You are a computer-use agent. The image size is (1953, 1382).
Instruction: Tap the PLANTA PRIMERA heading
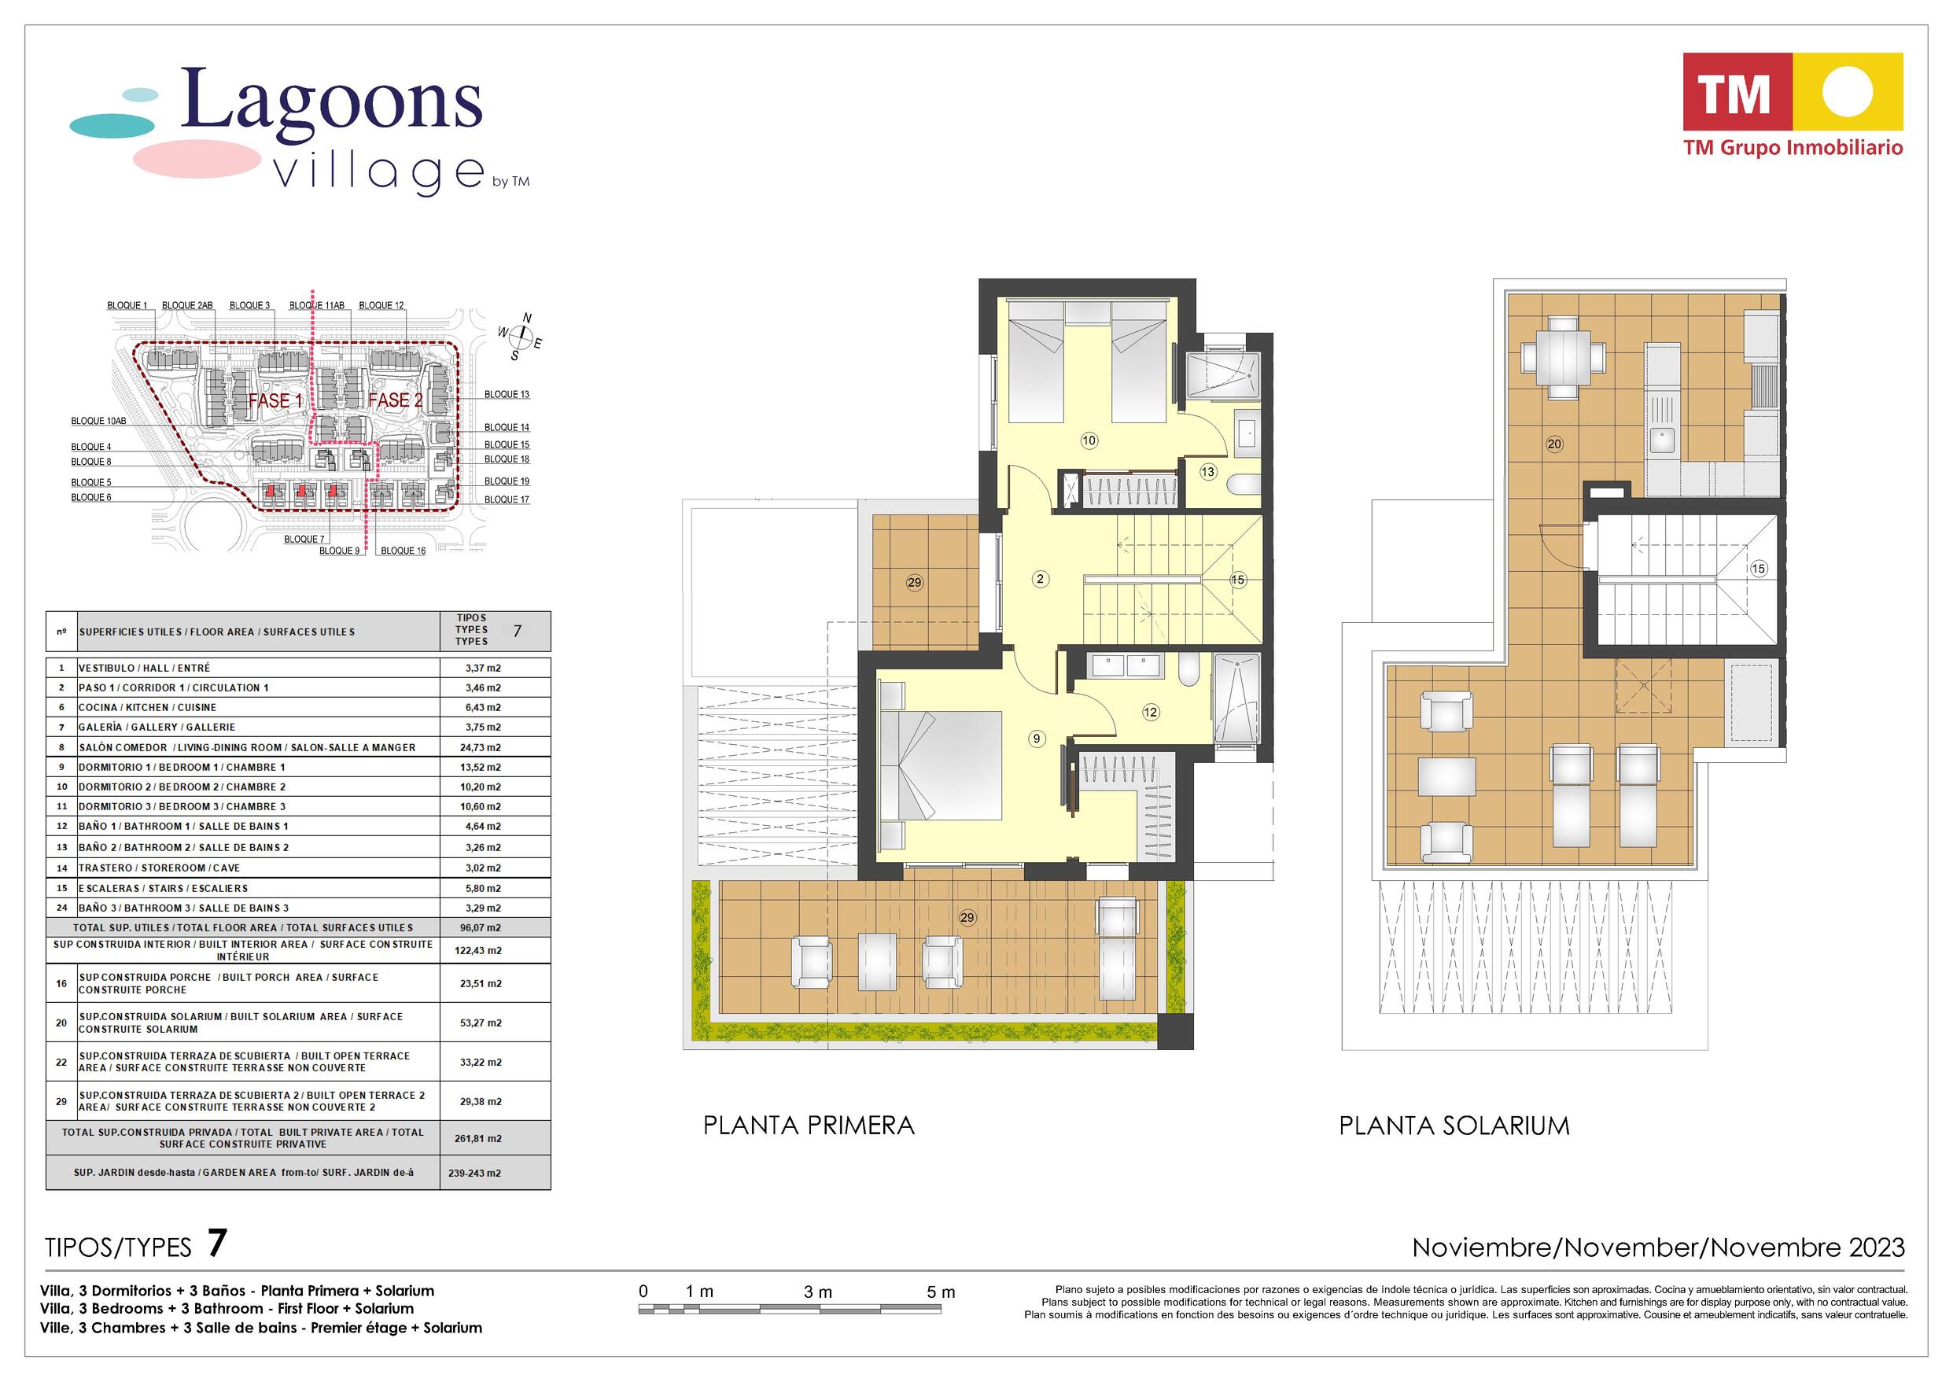[809, 1125]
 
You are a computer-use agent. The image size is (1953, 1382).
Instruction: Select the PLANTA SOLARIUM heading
[1454, 1125]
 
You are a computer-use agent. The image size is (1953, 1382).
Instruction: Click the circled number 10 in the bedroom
[1089, 440]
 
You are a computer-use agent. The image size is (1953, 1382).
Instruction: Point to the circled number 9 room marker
[1037, 739]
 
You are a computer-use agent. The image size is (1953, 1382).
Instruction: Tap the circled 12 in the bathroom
[1151, 713]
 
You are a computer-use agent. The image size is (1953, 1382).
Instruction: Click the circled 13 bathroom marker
[1208, 471]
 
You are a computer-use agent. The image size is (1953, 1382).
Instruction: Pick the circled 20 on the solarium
[1555, 444]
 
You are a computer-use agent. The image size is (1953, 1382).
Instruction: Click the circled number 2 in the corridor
[1040, 580]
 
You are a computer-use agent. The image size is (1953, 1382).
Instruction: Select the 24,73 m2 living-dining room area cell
[482, 747]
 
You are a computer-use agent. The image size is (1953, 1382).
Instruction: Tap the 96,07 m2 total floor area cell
[482, 927]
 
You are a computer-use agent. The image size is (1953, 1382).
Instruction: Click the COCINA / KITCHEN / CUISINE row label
[147, 707]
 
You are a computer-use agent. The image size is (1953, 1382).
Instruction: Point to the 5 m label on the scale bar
[941, 1292]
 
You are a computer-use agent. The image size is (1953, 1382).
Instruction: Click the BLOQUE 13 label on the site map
[507, 394]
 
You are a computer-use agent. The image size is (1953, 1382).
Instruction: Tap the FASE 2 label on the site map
[395, 400]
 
